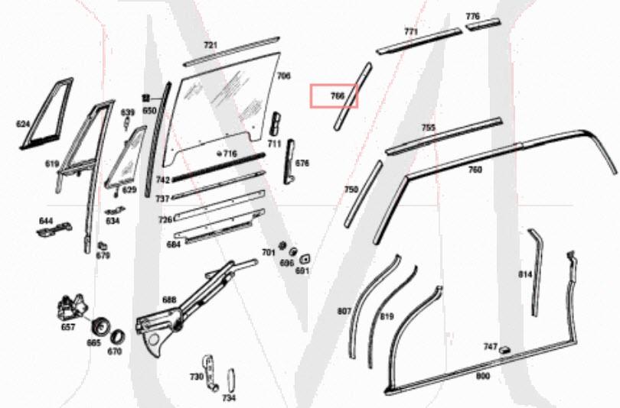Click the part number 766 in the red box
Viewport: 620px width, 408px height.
337,96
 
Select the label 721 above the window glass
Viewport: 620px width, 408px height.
210,46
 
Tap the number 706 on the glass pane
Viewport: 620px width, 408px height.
283,76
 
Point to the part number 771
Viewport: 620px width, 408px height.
411,32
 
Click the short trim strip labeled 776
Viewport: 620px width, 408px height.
482,25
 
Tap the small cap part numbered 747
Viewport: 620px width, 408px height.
504,348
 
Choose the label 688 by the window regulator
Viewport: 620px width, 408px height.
169,300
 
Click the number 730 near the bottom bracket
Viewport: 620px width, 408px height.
197,377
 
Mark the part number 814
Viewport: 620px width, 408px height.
525,274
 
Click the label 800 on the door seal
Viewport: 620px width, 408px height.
482,376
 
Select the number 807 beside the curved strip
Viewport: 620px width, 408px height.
344,311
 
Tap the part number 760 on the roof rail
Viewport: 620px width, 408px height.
475,170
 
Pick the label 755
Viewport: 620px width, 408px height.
429,128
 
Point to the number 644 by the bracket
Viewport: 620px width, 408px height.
46,221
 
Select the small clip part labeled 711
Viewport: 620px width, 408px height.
276,124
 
